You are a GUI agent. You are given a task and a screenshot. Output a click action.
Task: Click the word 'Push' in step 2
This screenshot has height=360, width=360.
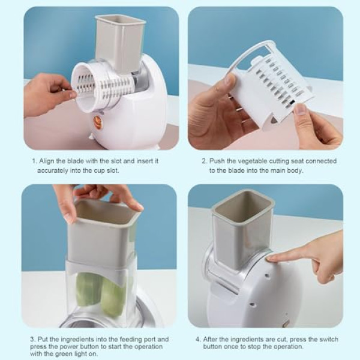point(217,161)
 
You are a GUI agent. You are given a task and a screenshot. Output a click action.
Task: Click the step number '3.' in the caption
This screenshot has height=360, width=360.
point(33,339)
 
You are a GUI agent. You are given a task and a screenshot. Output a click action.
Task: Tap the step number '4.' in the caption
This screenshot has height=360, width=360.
point(198,339)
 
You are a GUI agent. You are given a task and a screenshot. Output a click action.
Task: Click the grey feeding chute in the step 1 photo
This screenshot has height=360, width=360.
point(120,43)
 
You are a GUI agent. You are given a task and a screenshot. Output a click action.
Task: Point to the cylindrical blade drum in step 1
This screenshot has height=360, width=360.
point(103,86)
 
